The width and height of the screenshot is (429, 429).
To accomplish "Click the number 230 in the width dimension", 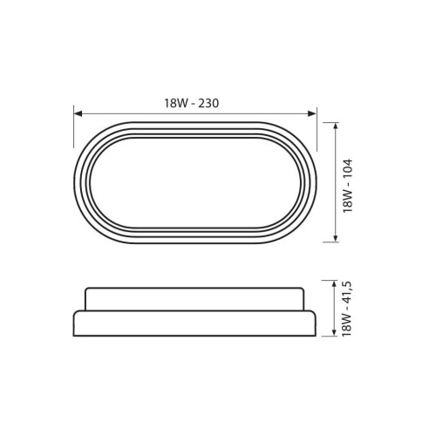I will point(207,103).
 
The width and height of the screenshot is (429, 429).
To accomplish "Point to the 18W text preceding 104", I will point(347,200).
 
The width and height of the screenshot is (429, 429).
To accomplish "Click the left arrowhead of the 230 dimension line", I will point(78,113).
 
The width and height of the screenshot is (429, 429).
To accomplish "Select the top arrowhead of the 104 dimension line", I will point(337,126).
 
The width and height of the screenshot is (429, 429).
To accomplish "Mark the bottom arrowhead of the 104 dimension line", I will point(337,238).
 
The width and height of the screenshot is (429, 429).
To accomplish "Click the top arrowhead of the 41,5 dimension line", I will point(337,283).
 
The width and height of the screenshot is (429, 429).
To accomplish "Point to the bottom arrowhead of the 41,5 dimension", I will point(337,332).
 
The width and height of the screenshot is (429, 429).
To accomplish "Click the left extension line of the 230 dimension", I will point(74,122).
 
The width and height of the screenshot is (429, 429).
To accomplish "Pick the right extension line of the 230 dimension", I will point(317,122).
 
